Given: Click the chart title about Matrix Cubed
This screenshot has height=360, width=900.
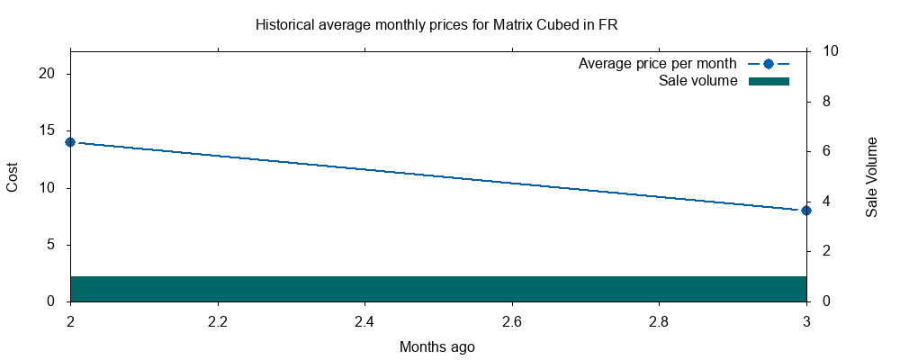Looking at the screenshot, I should pos(436,24).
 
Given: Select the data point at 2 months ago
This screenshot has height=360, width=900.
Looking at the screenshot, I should pos(70,142).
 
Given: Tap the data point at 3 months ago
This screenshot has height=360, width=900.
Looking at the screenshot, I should pos(806,210).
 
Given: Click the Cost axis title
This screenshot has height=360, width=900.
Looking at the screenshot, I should pos(13,176).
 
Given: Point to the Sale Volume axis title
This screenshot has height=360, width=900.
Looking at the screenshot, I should pos(871,177).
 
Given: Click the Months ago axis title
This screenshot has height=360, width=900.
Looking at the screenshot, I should pos(437,346).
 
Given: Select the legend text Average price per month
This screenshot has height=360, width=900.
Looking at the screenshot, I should pos(657,64).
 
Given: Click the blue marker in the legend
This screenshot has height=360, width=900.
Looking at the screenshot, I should pos(768,64).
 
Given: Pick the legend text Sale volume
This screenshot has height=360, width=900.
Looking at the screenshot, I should pos(698,81).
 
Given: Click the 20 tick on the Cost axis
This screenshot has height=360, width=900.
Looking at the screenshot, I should pos(49,74).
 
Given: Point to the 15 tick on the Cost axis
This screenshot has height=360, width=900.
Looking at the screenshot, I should pos(49,130).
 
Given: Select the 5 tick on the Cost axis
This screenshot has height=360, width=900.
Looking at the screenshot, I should pos(53,244).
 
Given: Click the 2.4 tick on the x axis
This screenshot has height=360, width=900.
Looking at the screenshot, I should pos(364,321).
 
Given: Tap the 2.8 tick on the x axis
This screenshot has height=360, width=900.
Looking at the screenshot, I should pos(659,321).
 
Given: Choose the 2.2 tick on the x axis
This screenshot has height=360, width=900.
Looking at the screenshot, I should pos(217,321).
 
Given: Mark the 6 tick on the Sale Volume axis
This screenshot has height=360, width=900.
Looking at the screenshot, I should pos(826,151).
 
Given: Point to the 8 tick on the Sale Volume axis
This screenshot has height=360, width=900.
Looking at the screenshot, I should pos(826,102).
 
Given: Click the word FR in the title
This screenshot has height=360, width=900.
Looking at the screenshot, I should pos(607,24).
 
